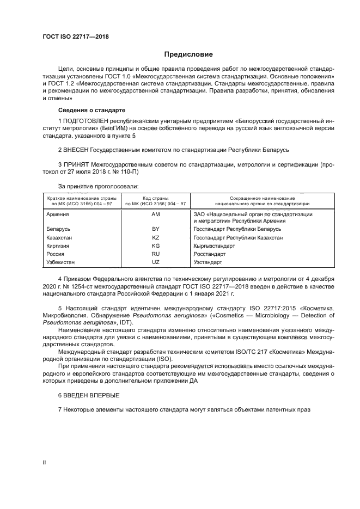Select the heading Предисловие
point(188,54)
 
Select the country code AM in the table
point(155,214)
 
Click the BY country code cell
point(155,229)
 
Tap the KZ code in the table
point(155,237)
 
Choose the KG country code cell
point(155,246)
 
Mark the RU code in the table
point(155,254)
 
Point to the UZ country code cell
point(155,262)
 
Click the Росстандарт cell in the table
point(209,254)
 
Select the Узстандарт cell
point(208,262)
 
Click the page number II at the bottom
point(45,462)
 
